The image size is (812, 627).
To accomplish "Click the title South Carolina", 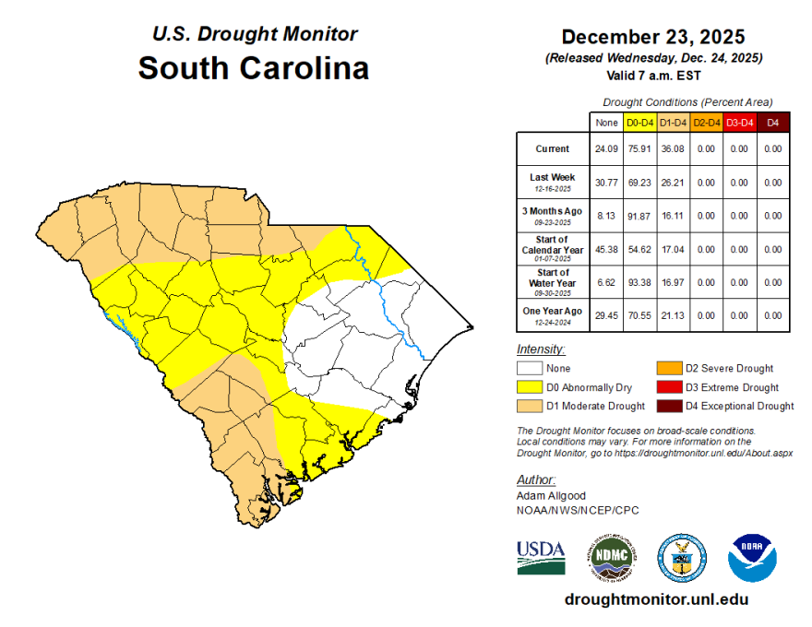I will click(x=254, y=68).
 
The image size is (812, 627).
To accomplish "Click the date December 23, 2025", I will click(x=653, y=38).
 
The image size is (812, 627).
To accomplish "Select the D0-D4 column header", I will click(x=639, y=122).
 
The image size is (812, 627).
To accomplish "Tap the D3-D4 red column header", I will click(x=739, y=122).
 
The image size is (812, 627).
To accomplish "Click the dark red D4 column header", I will click(x=773, y=122).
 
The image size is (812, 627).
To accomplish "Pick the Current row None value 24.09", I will click(x=606, y=149).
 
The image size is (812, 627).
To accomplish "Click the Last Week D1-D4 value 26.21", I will click(x=673, y=183).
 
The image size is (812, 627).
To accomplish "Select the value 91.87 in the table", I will click(x=639, y=216).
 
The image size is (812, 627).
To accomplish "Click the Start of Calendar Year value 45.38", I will click(x=606, y=249).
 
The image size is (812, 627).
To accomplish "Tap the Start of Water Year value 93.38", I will click(x=639, y=282).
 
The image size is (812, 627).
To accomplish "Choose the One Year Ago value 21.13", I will click(x=673, y=315).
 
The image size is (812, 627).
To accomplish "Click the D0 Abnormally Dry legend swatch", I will click(x=529, y=387).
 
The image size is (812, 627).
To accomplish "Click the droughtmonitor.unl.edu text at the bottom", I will click(x=656, y=599).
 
